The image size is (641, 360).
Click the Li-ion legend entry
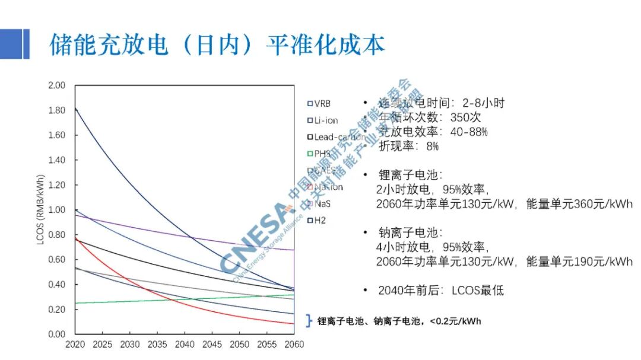[x=323, y=120]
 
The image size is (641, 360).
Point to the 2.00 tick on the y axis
[x=56, y=85]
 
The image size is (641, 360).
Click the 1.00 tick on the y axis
[x=56, y=210]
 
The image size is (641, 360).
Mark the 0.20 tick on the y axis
[x=56, y=310]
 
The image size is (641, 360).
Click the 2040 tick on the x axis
[x=185, y=345]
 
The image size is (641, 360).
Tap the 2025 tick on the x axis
[x=102, y=345]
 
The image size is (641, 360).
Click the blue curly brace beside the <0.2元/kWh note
[x=309, y=321]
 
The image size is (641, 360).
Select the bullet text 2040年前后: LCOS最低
[x=440, y=291]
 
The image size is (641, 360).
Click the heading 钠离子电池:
[x=410, y=232]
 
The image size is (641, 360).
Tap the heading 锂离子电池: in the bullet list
[x=410, y=176]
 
